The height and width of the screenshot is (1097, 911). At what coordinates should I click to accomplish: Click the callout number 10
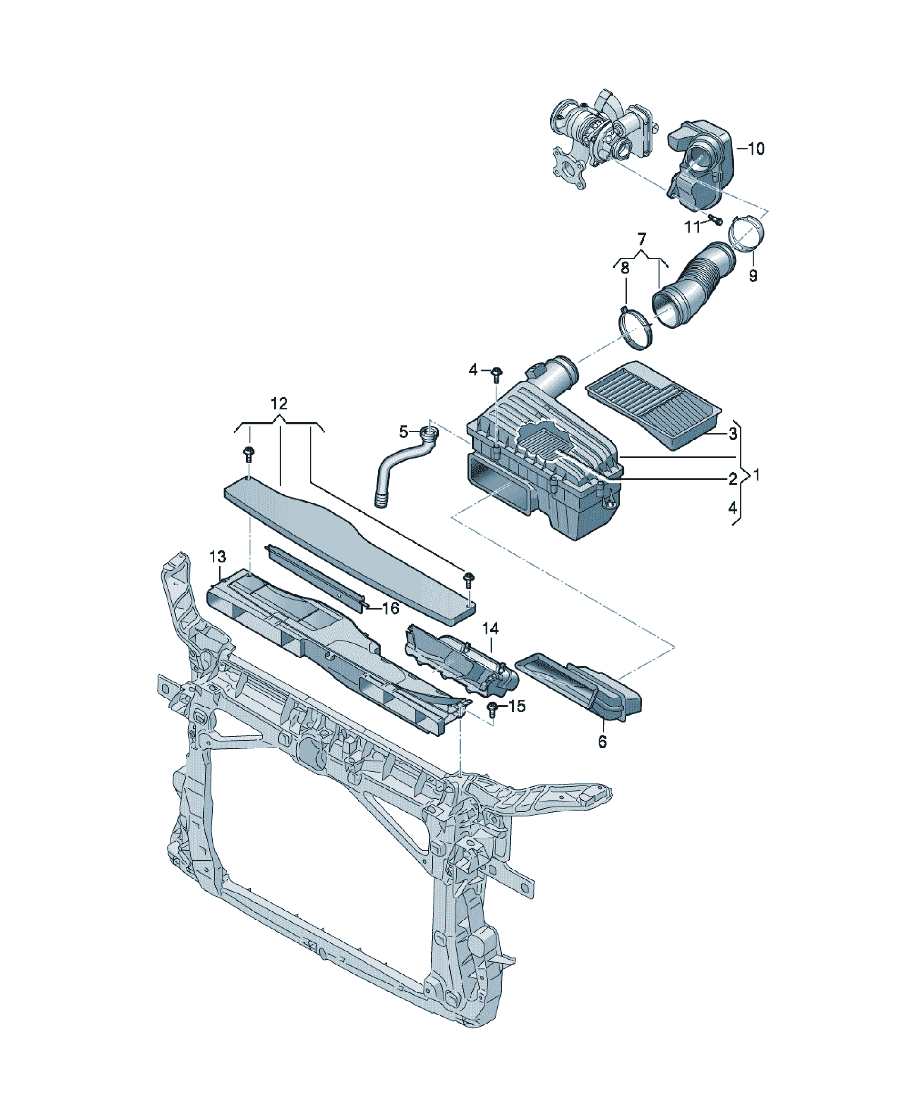coord(756,149)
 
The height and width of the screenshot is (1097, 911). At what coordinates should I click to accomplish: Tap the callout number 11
coord(692,227)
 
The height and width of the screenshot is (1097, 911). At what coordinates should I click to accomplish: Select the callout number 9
coord(753,275)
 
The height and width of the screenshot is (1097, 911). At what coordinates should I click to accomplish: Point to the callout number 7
coord(641,239)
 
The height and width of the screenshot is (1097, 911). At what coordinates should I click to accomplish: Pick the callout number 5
coord(403,432)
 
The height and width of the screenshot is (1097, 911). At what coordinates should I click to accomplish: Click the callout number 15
coord(517,706)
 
